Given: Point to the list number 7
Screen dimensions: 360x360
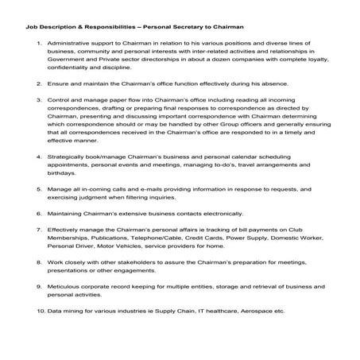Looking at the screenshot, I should coord(40,229).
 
